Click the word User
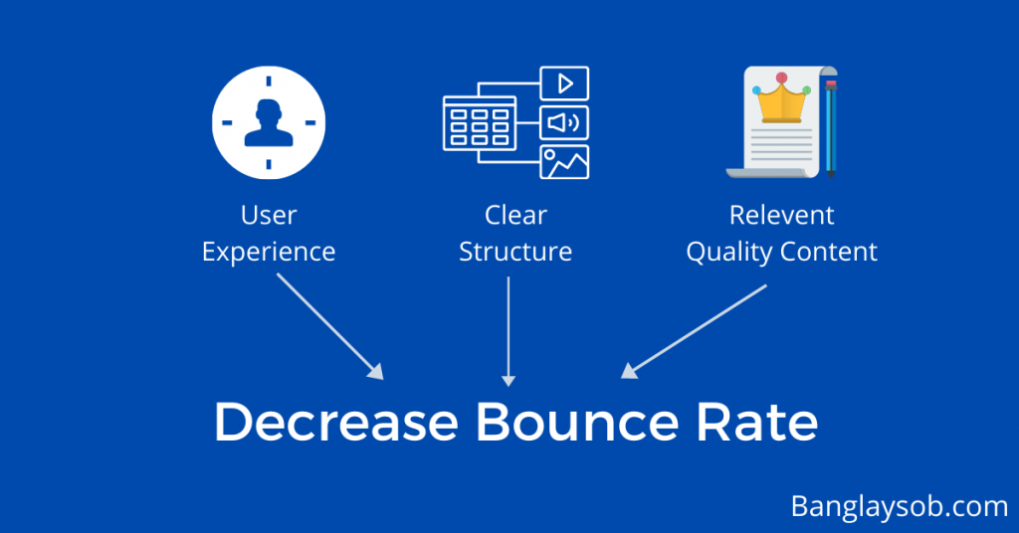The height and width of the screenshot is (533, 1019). coord(269,215)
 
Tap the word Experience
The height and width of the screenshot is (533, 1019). coord(269,252)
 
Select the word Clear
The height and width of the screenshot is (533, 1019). coord(516,215)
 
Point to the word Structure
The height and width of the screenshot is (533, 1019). coord(515,252)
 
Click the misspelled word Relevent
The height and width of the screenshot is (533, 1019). coord(782,215)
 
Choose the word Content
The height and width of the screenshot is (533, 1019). coord(829,252)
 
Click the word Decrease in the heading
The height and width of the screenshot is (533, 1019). coord(336,422)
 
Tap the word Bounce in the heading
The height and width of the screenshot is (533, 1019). coord(578,422)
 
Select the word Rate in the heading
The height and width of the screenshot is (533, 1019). coord(757,422)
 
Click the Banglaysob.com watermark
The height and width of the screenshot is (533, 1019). coord(900,506)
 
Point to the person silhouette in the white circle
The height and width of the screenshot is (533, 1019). coord(269,122)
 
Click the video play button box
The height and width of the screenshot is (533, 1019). coord(565,84)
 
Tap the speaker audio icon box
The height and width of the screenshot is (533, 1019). coord(565,122)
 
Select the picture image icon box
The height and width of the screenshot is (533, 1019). coord(565,162)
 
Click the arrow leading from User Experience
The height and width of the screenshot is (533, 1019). coord(330,326)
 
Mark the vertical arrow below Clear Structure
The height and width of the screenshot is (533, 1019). coord(509,332)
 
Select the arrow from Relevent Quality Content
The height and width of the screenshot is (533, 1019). coord(694,331)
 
